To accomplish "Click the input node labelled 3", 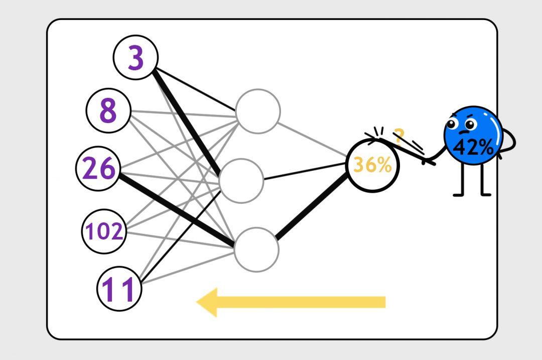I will (135, 58).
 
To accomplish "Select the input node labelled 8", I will (108, 110).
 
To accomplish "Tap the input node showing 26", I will (98, 169).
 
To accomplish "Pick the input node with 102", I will (103, 231).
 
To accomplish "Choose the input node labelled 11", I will (119, 289).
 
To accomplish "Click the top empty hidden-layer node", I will (258, 111).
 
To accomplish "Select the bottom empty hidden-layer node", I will (256, 249).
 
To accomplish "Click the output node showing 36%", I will (372, 165).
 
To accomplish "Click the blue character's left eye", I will (453, 124).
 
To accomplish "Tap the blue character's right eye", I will (470, 122).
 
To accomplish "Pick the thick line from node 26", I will (176, 208).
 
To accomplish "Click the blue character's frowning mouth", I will (462, 133).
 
